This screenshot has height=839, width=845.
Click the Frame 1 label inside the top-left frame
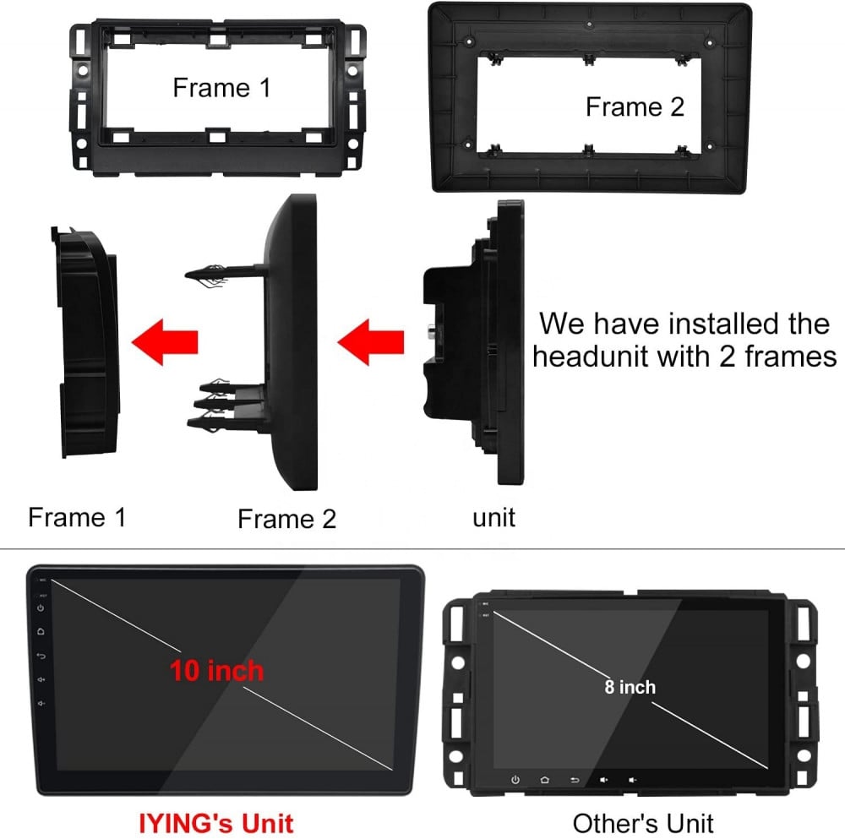pos(221,87)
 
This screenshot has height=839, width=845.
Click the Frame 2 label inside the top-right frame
pos(635,106)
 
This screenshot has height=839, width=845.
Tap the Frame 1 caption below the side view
pos(77,517)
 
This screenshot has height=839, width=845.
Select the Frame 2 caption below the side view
pos(286,519)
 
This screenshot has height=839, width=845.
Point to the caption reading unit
pos(493,517)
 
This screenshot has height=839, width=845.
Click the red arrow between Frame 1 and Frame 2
pos(165,342)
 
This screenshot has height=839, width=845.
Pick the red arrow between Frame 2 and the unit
pos(371,342)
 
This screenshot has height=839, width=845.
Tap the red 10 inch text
pos(216,671)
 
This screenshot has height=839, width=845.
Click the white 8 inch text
pos(630,687)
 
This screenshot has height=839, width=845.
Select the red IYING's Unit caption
pos(216,824)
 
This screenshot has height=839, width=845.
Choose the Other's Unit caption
pos(643,824)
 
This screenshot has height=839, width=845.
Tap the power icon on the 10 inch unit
pos(41,607)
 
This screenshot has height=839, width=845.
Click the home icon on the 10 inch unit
pos(41,631)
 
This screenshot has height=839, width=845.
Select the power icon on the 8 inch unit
pos(515,780)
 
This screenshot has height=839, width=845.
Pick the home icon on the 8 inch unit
pos(544,780)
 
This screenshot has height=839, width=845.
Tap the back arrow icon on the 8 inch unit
pos(575,780)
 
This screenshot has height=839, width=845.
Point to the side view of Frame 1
pos(85,343)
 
